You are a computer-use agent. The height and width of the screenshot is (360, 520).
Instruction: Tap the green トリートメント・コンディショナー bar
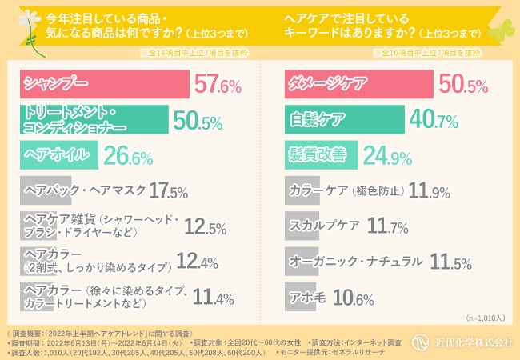point(94,120)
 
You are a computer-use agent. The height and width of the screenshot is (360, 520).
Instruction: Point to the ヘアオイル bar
point(60,154)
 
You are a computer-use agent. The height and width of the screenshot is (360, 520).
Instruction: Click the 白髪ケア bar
point(344,120)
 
